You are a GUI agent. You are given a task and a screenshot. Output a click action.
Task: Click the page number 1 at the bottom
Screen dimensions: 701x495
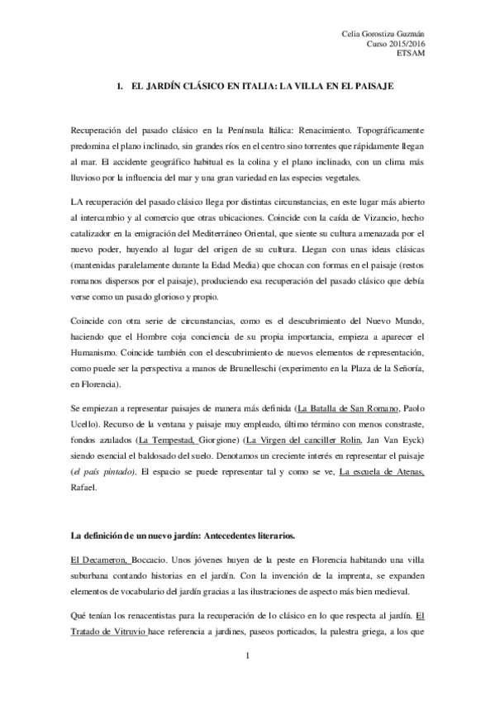tap(247, 656)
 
